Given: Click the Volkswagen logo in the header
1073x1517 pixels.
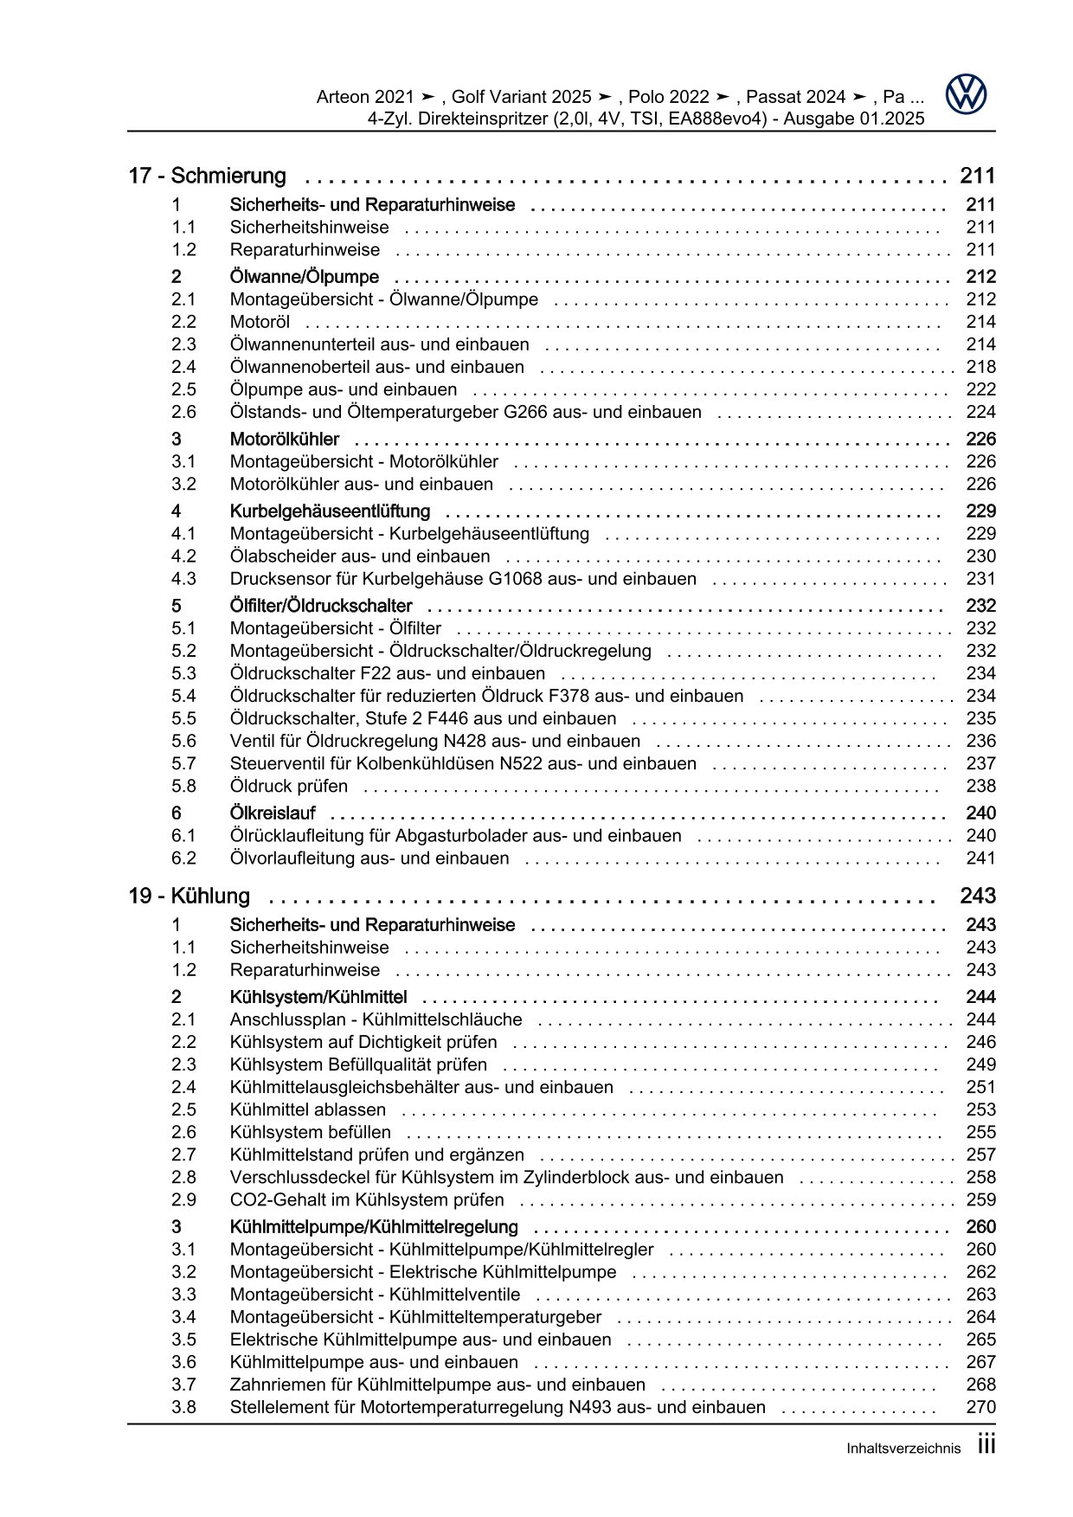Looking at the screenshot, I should coord(966,94).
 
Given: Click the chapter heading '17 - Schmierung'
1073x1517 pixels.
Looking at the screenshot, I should coord(207,176).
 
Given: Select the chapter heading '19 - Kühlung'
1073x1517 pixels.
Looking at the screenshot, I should coord(189,896).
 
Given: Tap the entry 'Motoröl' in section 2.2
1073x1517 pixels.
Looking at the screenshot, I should coord(260,322).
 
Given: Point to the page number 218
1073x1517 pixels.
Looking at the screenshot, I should coord(980,367).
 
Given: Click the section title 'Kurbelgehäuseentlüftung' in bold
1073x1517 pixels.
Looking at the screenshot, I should coord(330,511).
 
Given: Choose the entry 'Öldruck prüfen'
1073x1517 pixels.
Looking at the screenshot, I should coord(289,786).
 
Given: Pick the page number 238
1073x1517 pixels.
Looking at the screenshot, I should coord(980,786).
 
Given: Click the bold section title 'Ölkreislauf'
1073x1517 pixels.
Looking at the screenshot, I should coord(273,813).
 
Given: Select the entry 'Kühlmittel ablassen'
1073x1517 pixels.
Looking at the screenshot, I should coord(308,1109).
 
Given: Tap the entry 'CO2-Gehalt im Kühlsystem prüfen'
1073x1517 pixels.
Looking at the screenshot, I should coord(367,1199).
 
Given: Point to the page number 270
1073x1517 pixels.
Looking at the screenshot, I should coord(980,1407).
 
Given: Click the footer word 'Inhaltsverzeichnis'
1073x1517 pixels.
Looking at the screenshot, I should coord(903,1449).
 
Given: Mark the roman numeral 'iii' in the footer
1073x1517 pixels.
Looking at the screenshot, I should coord(986,1445).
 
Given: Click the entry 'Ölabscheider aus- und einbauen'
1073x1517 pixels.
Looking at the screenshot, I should coord(360,556).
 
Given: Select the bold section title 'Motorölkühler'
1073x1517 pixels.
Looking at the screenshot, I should coord(285,440).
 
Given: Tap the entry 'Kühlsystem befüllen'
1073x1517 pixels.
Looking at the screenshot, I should coord(310,1132).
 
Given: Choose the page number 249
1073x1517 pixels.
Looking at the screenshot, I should coord(980,1064).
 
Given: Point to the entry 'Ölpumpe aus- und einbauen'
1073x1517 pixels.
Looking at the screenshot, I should coord(344,389).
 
